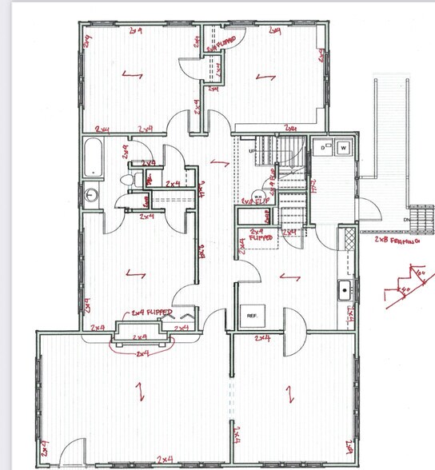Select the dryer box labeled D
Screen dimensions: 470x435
[324, 148]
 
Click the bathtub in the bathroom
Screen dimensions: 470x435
[94, 157]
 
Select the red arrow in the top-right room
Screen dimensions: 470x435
[261, 78]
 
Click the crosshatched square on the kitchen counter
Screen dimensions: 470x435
[348, 237]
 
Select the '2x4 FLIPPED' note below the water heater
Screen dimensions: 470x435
[257, 236]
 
